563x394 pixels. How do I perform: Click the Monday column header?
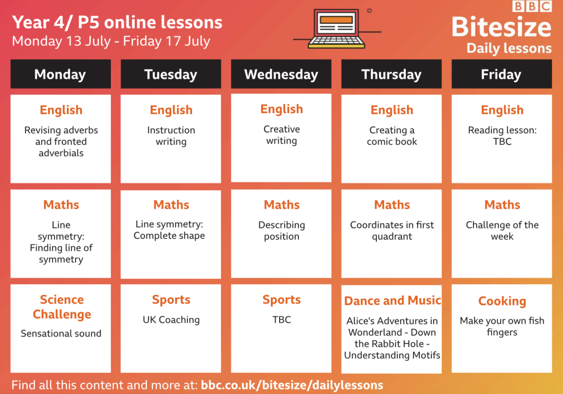[61, 74]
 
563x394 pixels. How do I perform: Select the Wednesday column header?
[281, 74]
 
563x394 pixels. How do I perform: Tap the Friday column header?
[502, 74]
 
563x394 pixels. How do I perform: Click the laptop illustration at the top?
[337, 29]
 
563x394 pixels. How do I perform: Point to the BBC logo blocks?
[532, 6]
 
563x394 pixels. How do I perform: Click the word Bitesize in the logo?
[502, 27]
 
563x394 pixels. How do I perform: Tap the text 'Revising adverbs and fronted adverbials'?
[61, 142]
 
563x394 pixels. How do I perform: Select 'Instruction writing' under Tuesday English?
[171, 136]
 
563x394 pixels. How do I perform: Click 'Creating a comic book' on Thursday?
[392, 136]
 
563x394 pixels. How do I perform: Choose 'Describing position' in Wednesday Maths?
[281, 231]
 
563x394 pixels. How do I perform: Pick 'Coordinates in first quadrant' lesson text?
[392, 231]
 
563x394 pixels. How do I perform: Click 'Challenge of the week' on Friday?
[502, 231]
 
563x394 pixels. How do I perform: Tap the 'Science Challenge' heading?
[62, 307]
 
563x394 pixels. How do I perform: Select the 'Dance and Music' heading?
[392, 301]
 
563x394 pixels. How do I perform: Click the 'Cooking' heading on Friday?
[502, 301]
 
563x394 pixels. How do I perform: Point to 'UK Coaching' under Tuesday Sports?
[171, 320]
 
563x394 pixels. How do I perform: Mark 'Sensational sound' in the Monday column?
[61, 333]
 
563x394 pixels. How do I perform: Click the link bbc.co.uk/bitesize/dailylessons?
[292, 385]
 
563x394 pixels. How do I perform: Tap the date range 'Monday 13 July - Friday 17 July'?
[111, 41]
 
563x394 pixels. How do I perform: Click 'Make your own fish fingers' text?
[502, 327]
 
